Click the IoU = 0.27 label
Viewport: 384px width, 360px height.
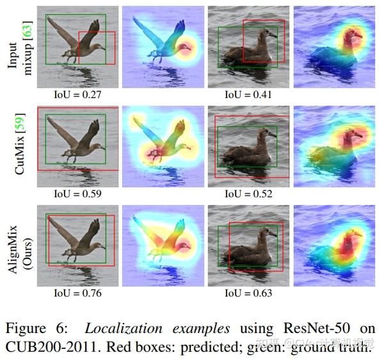coord(77,94)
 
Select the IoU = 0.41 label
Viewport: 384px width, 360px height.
coord(248,94)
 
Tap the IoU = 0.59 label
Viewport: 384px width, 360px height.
coord(77,193)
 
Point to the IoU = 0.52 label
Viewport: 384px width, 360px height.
coord(248,193)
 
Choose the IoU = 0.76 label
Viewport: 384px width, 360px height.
coord(77,293)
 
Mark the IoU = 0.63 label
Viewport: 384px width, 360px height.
coord(248,293)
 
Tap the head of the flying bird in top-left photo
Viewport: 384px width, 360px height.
coord(100,47)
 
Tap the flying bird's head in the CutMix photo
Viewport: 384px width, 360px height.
coord(100,147)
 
